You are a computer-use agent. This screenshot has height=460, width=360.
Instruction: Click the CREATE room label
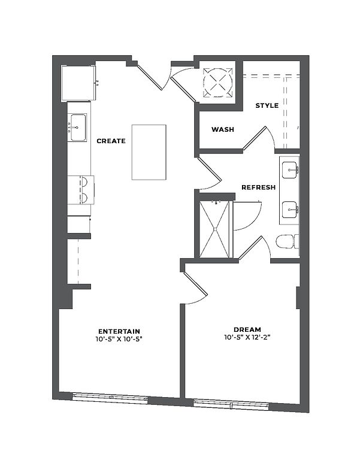111,141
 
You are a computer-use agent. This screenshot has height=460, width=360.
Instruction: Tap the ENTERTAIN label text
119,331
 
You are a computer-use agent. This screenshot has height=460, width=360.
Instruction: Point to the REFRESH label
258,187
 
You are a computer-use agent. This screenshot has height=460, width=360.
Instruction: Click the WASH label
223,129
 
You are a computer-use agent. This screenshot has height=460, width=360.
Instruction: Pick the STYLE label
267,105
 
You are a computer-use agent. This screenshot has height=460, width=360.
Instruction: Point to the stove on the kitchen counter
80,189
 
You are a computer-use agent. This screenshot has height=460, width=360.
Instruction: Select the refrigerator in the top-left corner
78,83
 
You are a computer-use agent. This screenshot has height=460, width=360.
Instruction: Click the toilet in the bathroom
286,242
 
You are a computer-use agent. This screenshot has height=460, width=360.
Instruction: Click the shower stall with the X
214,228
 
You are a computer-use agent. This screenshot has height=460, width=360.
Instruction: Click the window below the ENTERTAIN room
110,396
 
